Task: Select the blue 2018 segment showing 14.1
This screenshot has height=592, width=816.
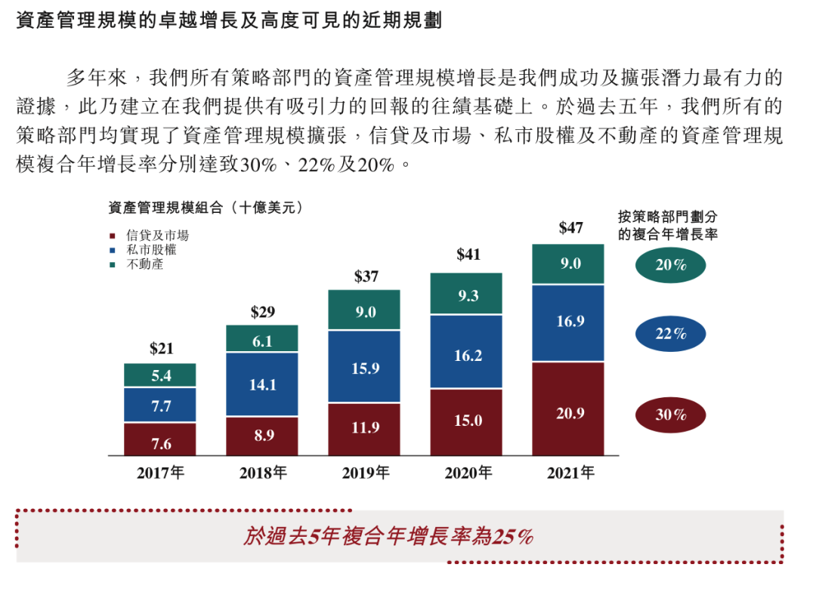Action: [262, 384]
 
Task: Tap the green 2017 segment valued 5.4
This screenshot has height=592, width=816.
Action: [160, 375]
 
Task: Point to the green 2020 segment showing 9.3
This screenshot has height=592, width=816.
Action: [466, 294]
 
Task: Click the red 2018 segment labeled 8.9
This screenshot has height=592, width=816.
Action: [262, 436]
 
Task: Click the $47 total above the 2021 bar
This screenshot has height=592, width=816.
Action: [570, 227]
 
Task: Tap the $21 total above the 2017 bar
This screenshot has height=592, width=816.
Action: [161, 348]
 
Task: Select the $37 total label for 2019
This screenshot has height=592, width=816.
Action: [366, 276]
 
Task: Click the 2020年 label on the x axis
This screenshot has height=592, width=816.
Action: [468, 473]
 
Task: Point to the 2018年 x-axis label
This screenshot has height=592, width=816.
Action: [263, 473]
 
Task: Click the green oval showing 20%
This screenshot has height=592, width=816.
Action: [670, 265]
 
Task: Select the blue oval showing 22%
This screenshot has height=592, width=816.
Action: [670, 334]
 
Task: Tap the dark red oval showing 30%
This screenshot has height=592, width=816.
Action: [670, 415]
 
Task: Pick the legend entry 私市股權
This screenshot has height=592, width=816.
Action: [151, 250]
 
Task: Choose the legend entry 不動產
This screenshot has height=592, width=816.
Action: [144, 264]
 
